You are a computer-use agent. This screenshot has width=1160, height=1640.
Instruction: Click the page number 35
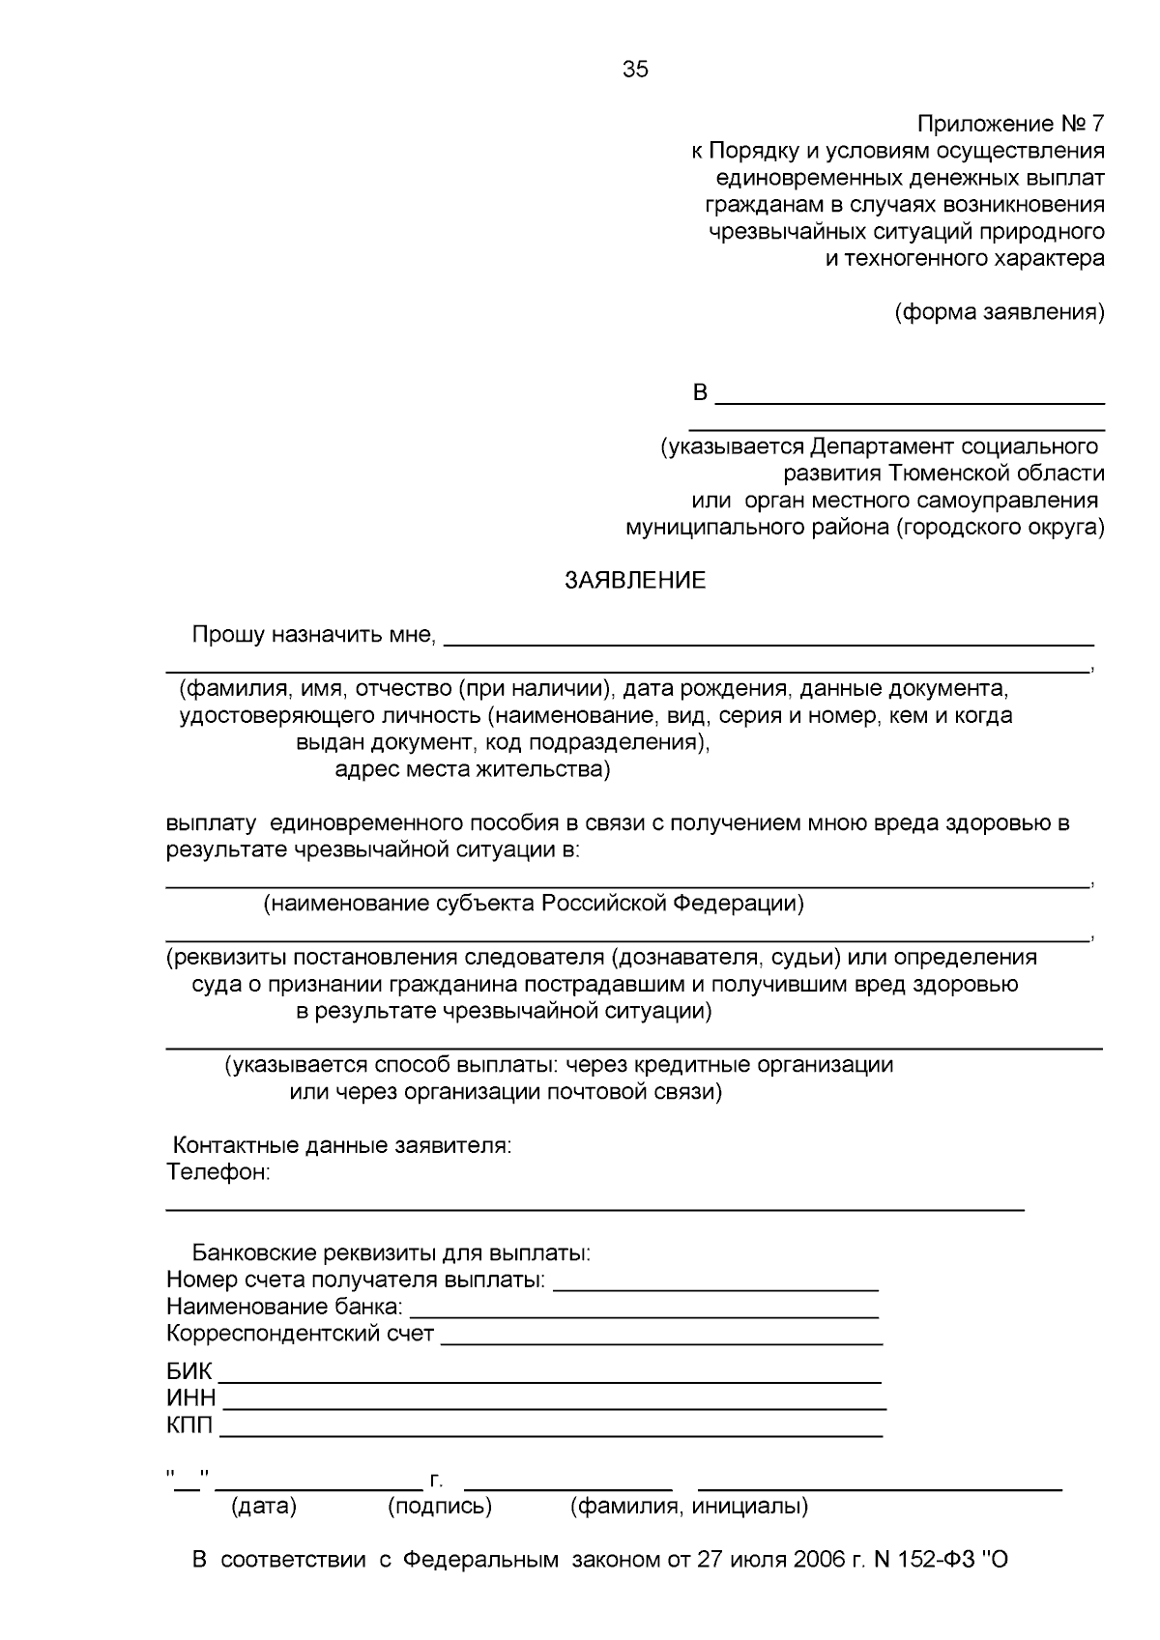(635, 70)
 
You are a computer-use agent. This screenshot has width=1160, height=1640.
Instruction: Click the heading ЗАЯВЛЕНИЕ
(635, 581)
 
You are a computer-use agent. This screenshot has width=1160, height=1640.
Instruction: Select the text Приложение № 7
(1009, 124)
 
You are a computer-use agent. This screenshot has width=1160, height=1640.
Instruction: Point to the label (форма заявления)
(999, 312)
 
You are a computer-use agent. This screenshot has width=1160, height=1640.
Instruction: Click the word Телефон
(217, 1173)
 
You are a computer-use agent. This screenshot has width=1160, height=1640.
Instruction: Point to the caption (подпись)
(440, 1506)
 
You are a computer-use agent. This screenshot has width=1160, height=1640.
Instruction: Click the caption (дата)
(264, 1506)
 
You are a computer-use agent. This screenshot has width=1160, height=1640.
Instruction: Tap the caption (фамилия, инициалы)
(689, 1506)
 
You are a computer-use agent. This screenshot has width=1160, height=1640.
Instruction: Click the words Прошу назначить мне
(314, 635)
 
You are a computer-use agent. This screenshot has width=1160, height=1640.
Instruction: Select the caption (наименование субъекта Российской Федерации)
(534, 904)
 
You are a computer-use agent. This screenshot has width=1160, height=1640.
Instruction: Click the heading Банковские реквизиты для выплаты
(391, 1253)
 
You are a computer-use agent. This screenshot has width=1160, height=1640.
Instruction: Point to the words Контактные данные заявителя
(341, 1146)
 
